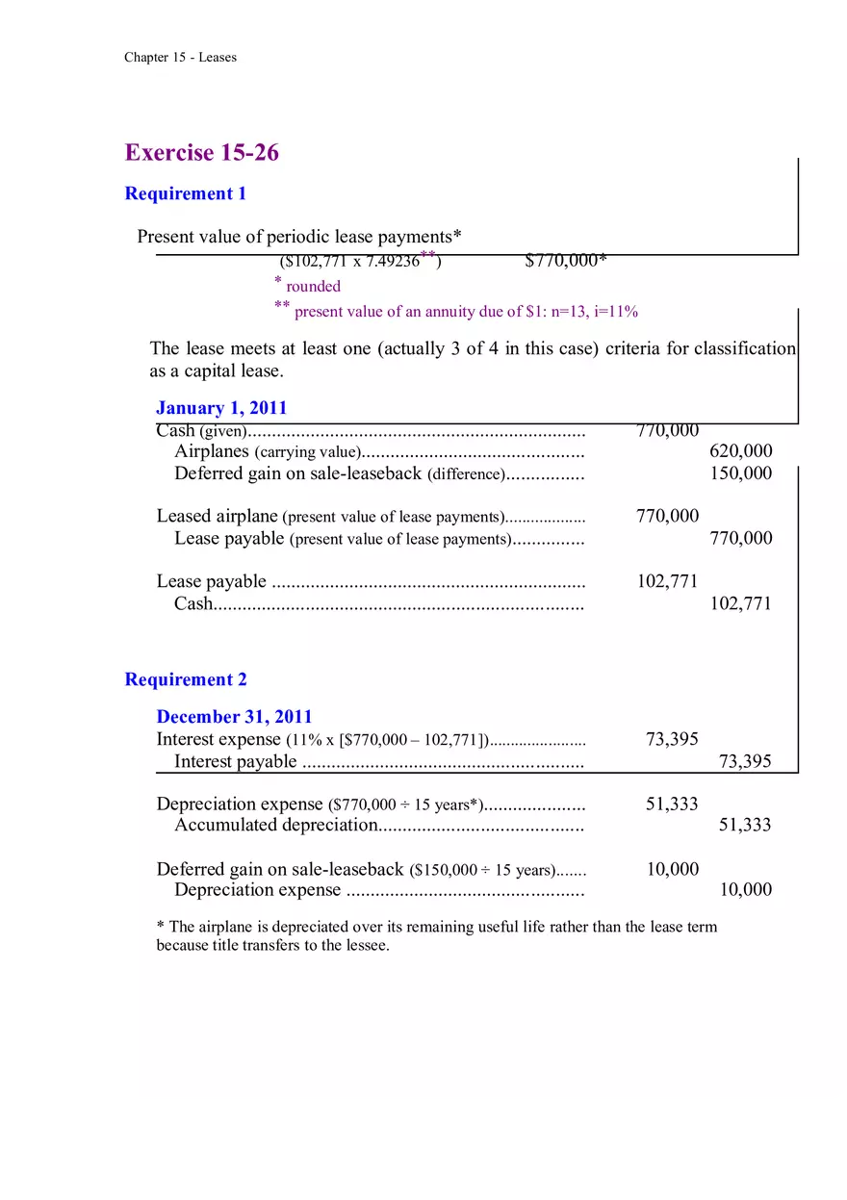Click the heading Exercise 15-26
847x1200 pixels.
[202, 153]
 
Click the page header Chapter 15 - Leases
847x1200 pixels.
[180, 58]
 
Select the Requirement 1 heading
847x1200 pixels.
[186, 193]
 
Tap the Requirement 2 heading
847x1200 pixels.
[186, 679]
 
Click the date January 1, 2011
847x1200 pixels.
[221, 408]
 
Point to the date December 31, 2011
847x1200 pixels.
[234, 717]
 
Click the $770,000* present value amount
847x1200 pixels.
[566, 261]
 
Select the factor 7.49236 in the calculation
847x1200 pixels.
[393, 262]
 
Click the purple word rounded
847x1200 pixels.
[313, 286]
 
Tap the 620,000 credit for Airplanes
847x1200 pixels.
[740, 451]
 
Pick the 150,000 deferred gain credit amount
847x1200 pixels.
[740, 473]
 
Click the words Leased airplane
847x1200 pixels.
[218, 517]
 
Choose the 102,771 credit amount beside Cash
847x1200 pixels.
[740, 604]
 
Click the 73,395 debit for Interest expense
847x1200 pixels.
[671, 739]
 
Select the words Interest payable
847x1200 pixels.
[236, 762]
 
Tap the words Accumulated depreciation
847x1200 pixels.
[275, 825]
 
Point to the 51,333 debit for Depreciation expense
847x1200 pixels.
[671, 804]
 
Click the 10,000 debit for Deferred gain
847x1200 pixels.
[672, 869]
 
